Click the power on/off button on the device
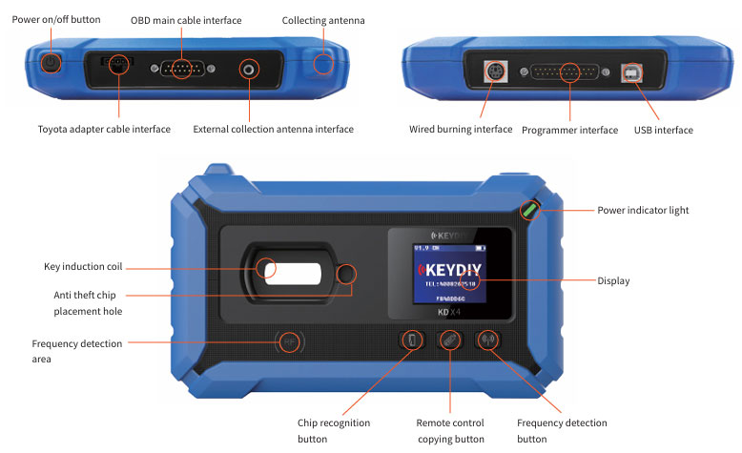coord(51,65)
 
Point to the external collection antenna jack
coord(250,69)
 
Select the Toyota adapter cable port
coord(117,63)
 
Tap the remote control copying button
coord(449,340)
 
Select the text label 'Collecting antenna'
coord(322,21)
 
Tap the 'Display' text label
coord(613,281)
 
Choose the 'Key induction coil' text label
coord(83,266)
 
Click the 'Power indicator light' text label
coord(642,210)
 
